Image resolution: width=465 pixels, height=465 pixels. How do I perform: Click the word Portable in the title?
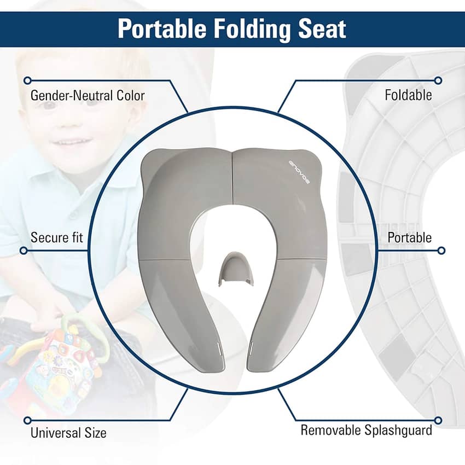pos(162,29)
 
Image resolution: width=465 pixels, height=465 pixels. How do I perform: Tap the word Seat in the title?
pos(322,29)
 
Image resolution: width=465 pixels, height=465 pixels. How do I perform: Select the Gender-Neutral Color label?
pos(88,96)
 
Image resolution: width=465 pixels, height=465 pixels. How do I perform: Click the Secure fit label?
pos(57,237)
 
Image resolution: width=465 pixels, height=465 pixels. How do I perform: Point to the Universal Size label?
pos(68,433)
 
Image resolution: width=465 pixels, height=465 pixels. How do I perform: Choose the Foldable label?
pos(408,95)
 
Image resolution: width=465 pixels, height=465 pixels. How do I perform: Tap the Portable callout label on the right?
pos(410,237)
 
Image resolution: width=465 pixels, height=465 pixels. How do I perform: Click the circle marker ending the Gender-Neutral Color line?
pos(27,80)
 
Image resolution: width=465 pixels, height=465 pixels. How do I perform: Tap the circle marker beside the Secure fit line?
pos(24,251)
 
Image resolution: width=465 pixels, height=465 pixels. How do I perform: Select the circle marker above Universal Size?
pos(27,420)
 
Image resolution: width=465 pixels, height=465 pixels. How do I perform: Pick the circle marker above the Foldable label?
pos(438,80)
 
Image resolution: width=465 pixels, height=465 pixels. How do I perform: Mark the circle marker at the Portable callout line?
pos(441,251)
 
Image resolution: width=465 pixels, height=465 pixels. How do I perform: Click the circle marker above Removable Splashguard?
pos(438,420)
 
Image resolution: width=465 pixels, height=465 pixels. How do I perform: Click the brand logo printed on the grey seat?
pos(299,172)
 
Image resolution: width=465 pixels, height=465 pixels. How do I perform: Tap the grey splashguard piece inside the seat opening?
pos(236,269)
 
